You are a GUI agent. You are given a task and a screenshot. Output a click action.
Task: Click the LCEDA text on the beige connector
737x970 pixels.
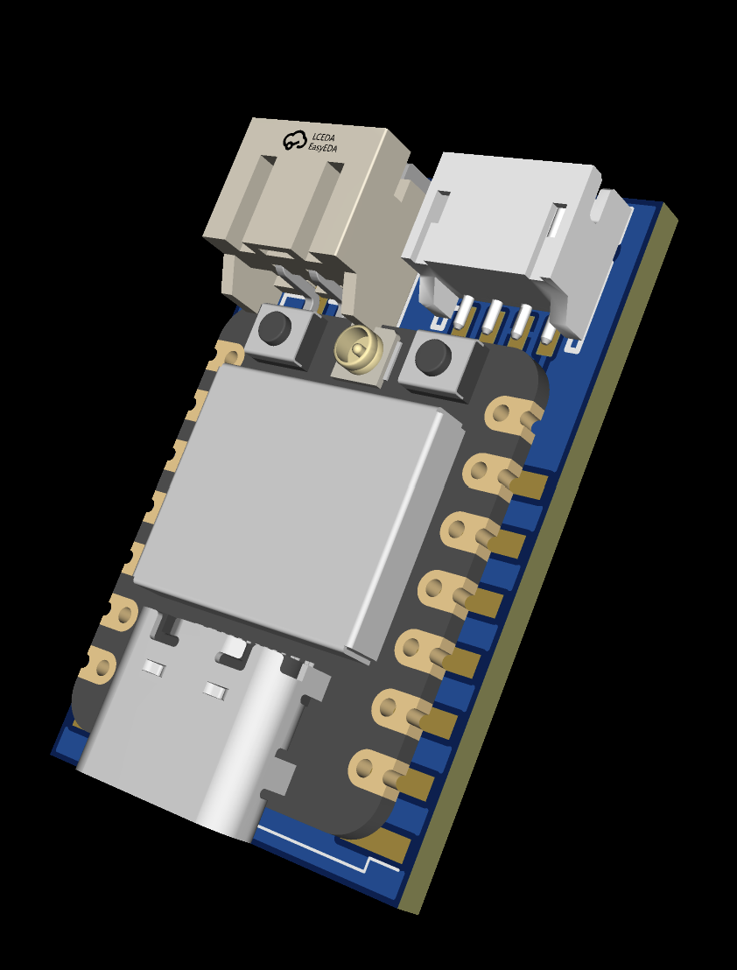click(x=324, y=137)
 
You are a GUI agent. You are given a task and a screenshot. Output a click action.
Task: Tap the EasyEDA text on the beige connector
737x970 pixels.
click(x=323, y=148)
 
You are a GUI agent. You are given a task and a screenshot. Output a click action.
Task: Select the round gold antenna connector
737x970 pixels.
click(x=359, y=349)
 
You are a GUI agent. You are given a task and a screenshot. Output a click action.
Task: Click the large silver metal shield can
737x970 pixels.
click(x=298, y=508)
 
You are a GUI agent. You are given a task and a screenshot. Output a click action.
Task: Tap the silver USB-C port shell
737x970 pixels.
click(x=193, y=735)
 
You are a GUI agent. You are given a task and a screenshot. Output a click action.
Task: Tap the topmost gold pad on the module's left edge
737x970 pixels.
click(x=229, y=355)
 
